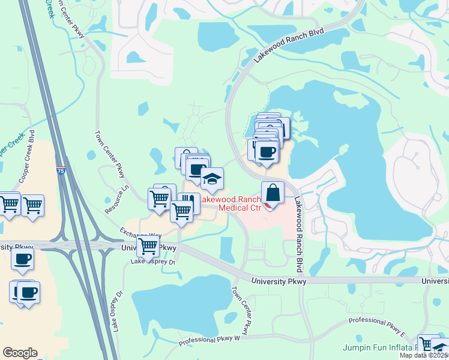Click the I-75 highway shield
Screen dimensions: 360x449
pyautogui.click(x=61, y=170)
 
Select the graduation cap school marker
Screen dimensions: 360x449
pyautogui.click(x=211, y=179)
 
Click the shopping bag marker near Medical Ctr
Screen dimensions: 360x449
pyautogui.click(x=273, y=194)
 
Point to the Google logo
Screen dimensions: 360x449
pyautogui.click(x=20, y=353)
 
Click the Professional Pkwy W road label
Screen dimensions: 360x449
pyautogui.click(x=209, y=341)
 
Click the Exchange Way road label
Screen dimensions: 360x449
pyautogui.click(x=140, y=234)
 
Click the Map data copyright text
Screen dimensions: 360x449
pyautogui.click(x=424, y=355)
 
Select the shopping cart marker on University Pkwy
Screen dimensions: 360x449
pyautogui.click(x=148, y=246)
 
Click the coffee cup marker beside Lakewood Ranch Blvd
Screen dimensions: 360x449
pyautogui.click(x=266, y=152)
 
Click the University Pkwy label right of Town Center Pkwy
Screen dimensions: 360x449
pyautogui.click(x=279, y=281)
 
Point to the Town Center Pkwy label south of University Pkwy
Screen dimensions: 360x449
pyautogui.click(x=240, y=310)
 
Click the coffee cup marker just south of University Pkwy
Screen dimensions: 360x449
pyautogui.click(x=23, y=259)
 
